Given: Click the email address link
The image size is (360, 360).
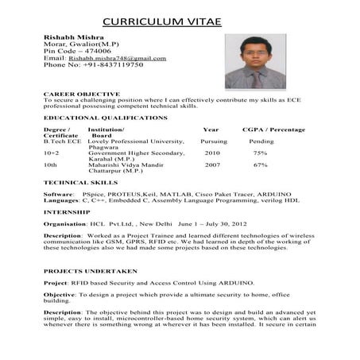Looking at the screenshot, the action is (117, 58).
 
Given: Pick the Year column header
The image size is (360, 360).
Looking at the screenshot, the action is (211, 128).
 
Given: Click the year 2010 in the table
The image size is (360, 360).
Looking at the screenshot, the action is (212, 153).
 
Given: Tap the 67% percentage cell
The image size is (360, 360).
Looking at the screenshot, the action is (260, 165).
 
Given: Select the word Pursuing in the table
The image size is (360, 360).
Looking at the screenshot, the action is (215, 141).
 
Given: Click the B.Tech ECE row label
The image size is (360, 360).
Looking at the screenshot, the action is (62, 141).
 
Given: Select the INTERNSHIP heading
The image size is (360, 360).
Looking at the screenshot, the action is (66, 212).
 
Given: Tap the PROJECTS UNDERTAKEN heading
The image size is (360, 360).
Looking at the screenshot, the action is (91, 271).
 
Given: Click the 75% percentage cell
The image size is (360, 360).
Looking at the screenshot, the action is (260, 153).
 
